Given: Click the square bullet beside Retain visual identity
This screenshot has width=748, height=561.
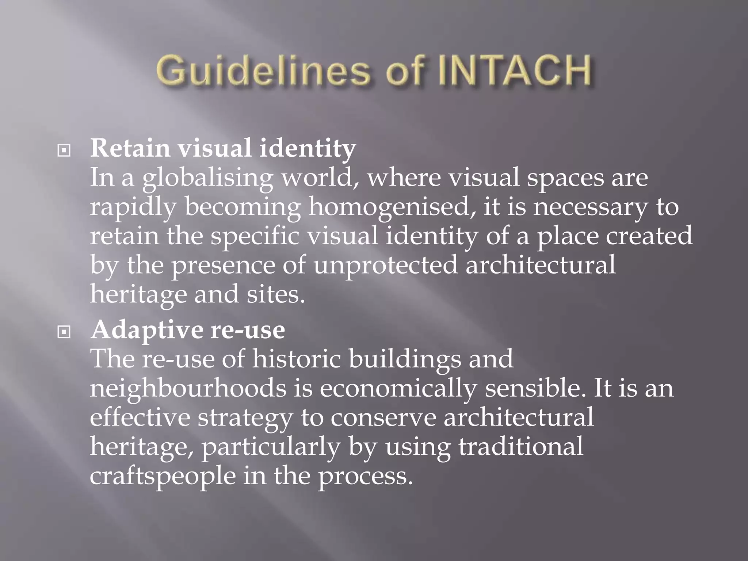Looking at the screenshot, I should tap(64, 150).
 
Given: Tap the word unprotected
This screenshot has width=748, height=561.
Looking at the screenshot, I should tap(385, 266).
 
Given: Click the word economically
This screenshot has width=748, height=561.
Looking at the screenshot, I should tap(398, 389).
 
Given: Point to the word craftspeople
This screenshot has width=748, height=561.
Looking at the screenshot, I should tap(163, 477).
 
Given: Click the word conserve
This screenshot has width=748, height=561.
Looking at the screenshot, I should tap(383, 417).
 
